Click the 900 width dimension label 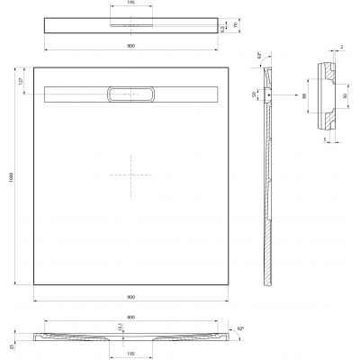point(130,298)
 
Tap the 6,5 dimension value point(223,30)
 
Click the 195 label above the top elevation point(132,4)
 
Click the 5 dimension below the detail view point(323,141)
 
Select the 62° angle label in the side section point(260,57)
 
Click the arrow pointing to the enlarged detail point(280,93)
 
